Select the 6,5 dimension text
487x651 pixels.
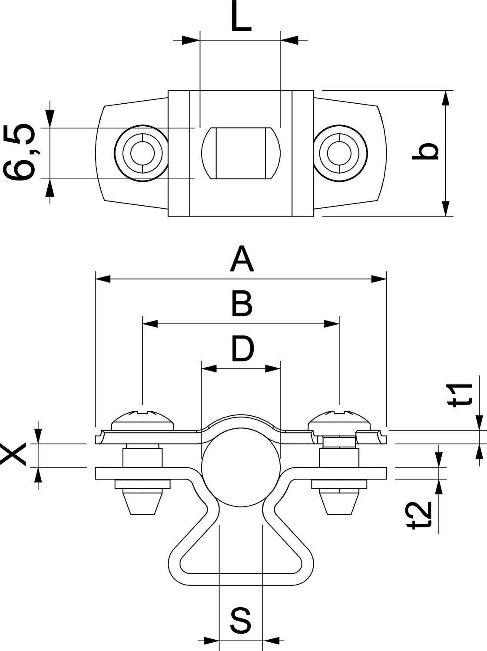click(x=20, y=152)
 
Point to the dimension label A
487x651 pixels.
click(x=242, y=259)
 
